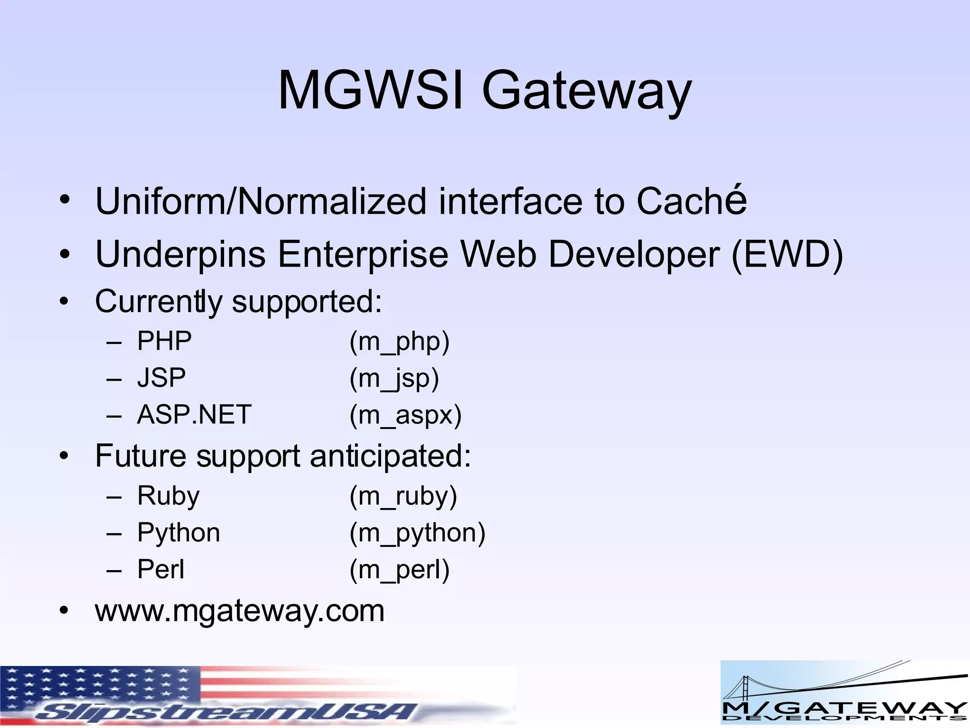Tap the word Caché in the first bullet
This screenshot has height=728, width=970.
pos(691,201)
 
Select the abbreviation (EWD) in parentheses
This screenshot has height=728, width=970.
pos(787,255)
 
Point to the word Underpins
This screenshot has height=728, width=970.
pos(180,255)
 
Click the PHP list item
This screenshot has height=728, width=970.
pos(164,341)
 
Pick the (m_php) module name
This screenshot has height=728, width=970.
pos(399,341)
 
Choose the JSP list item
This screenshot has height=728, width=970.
pos(162,378)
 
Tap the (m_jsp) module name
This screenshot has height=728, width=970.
pos(394,378)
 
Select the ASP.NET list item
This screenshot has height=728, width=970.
pos(194,415)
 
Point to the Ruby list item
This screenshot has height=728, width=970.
pos(168,496)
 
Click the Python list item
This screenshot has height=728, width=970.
pos(179,533)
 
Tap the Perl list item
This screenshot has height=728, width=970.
pos(161,569)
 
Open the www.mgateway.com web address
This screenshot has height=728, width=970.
pos(240,610)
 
